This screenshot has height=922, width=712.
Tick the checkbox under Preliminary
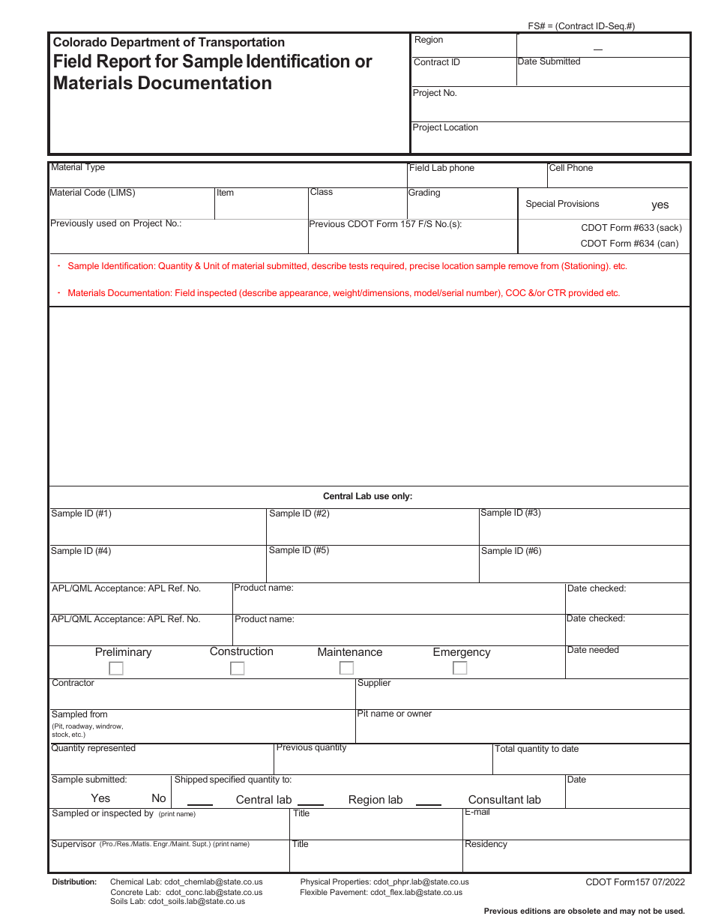tap(116, 669)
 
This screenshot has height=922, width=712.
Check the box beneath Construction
tap(238, 669)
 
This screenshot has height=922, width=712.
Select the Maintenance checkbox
tap(346, 668)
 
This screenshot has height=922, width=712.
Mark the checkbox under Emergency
tap(460, 668)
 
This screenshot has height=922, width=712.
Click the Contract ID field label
tap(437, 62)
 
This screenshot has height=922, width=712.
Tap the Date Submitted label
tap(549, 61)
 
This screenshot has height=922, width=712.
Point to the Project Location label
tap(445, 127)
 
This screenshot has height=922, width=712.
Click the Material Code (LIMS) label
tap(92, 193)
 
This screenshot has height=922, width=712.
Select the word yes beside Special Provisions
tap(660, 205)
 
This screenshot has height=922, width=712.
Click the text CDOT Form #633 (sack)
tap(631, 228)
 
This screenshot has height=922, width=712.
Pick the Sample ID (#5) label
tap(299, 550)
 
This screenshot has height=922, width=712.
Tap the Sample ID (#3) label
tap(510, 513)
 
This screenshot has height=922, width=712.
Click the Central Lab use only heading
tap(367, 496)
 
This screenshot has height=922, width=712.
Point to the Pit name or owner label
tap(395, 714)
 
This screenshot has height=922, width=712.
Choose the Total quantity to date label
tap(537, 749)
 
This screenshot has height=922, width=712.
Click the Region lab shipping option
tap(375, 800)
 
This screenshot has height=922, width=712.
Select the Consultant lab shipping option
tap(504, 800)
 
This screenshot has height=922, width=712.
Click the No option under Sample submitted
tap(159, 798)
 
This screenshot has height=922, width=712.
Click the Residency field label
tap(486, 844)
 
